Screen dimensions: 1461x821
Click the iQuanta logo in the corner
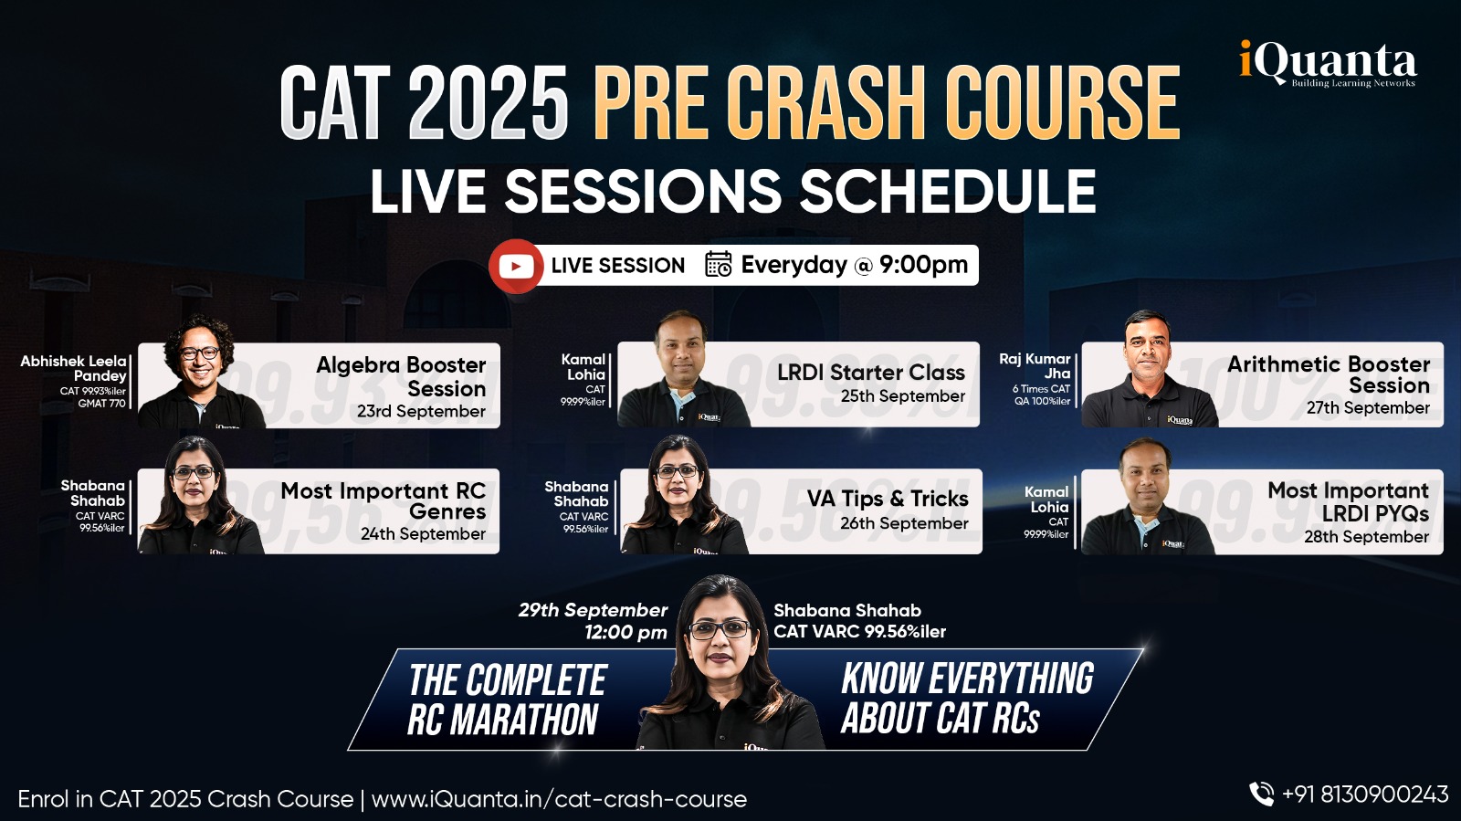point(1328,63)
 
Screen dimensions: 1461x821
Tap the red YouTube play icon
point(516,266)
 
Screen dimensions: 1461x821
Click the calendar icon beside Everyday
point(719,265)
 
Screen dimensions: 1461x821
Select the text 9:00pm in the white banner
point(923,265)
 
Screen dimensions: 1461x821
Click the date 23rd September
point(421,412)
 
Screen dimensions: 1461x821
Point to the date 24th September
point(424,534)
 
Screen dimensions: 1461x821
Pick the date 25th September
point(903,396)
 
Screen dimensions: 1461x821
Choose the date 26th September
point(904,523)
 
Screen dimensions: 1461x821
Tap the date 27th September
point(1368,408)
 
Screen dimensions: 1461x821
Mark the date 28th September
point(1367,537)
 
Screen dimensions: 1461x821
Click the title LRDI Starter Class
point(871,373)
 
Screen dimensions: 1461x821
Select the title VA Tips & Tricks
point(888,499)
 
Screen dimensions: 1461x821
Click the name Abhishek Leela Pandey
point(74,368)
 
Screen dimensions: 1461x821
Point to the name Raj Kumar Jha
point(1035,366)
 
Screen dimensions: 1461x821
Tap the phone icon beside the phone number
point(1261,795)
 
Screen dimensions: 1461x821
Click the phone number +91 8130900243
point(1365,795)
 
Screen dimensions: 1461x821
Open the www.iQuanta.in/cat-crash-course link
point(559,799)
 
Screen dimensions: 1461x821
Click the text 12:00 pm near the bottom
point(625,633)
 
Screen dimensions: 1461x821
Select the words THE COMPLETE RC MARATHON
point(507,700)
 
